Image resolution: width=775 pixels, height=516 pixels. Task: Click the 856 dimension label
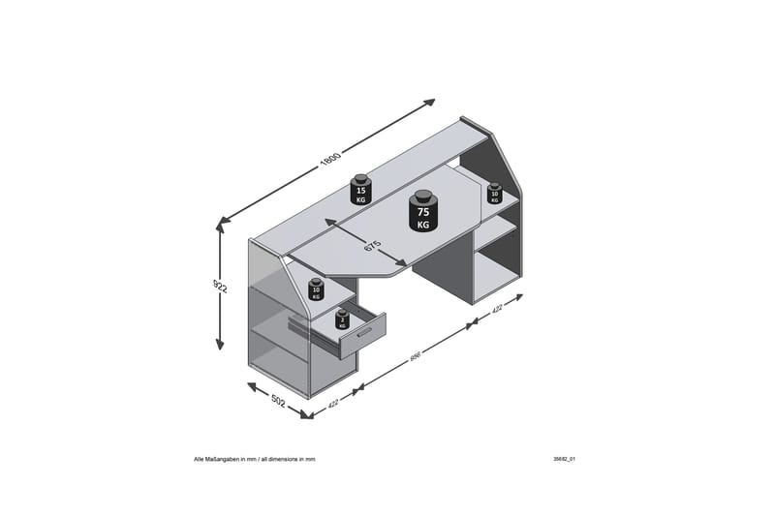(414, 357)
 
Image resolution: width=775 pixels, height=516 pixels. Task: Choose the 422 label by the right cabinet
(496, 311)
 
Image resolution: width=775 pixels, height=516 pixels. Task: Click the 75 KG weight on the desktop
(422, 215)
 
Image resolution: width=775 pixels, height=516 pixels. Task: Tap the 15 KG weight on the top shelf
(361, 190)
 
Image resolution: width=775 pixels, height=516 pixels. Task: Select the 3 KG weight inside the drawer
(341, 320)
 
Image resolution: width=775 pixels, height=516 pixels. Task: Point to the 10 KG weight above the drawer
(315, 289)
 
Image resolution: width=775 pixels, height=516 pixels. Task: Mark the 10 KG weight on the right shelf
(495, 193)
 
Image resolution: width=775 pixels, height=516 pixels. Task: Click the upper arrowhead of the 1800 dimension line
(431, 102)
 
